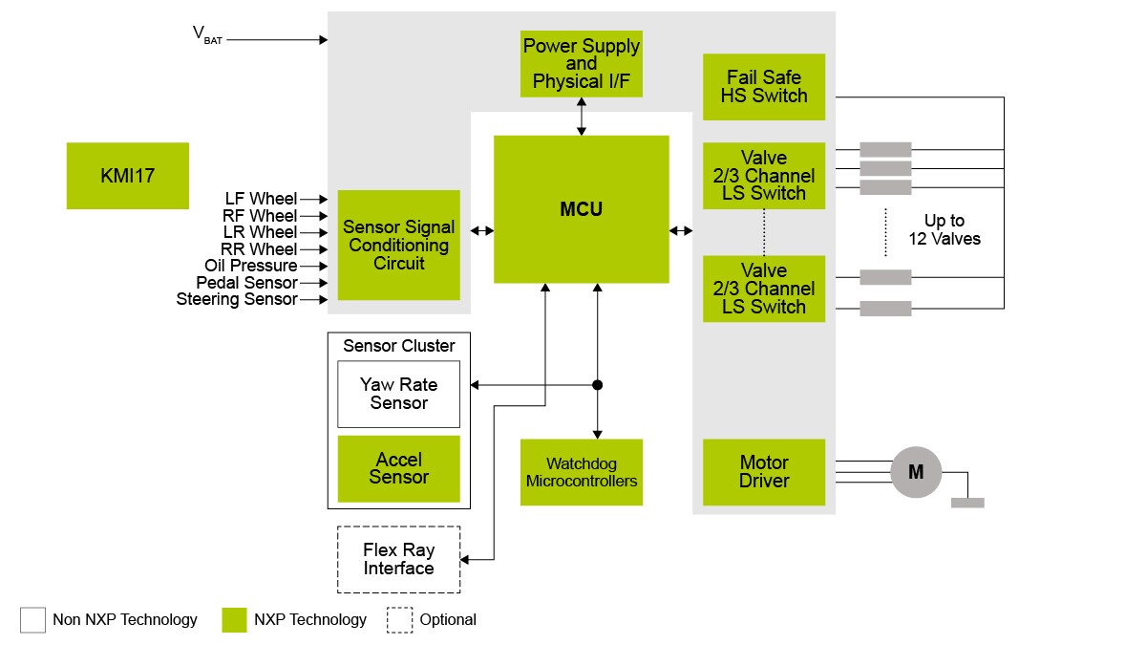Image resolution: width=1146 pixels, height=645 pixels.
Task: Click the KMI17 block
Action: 128,176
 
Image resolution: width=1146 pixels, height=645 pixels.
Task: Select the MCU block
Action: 581,209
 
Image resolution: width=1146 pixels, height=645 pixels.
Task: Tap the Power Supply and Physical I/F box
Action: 581,64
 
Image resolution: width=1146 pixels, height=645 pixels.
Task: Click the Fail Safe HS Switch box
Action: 763,87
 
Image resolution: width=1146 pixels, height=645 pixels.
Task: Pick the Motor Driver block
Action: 763,472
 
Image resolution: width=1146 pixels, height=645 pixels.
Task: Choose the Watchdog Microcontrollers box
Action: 581,472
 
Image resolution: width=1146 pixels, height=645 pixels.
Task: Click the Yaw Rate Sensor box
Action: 398,394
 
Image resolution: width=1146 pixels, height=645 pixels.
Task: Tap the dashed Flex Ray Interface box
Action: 398,559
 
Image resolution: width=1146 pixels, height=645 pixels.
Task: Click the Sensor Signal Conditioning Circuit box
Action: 398,246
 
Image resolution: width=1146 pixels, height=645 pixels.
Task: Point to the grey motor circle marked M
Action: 916,472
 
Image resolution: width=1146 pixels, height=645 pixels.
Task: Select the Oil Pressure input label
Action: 250,266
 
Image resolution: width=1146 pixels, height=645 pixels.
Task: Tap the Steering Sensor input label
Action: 236,300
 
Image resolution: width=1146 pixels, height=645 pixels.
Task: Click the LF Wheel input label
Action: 260,199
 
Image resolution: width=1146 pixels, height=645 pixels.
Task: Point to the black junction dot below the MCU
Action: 598,385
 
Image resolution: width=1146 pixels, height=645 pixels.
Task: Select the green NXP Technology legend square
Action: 234,619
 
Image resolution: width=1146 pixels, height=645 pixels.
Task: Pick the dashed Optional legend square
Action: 399,619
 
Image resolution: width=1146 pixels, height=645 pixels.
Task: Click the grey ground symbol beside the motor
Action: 967,503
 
